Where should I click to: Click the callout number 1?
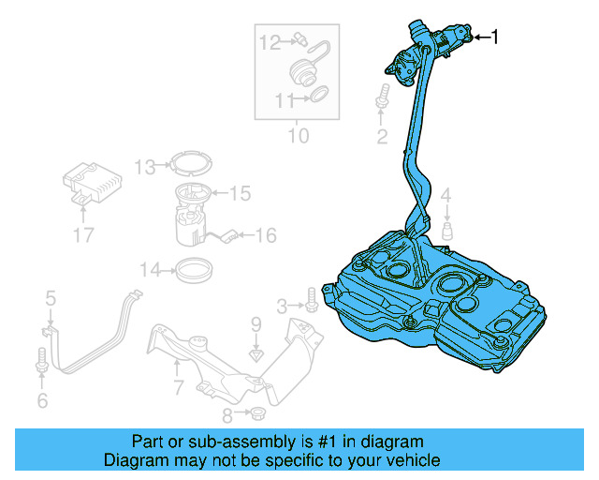pyautogui.click(x=495, y=37)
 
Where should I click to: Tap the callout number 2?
pyautogui.click(x=382, y=138)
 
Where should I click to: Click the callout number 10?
pyautogui.click(x=297, y=137)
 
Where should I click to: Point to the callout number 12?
pyautogui.click(x=270, y=41)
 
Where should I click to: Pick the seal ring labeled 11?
pyautogui.click(x=317, y=94)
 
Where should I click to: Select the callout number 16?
pyautogui.click(x=266, y=235)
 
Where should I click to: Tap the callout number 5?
pyautogui.click(x=51, y=299)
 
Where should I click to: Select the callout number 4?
pyautogui.click(x=446, y=196)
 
